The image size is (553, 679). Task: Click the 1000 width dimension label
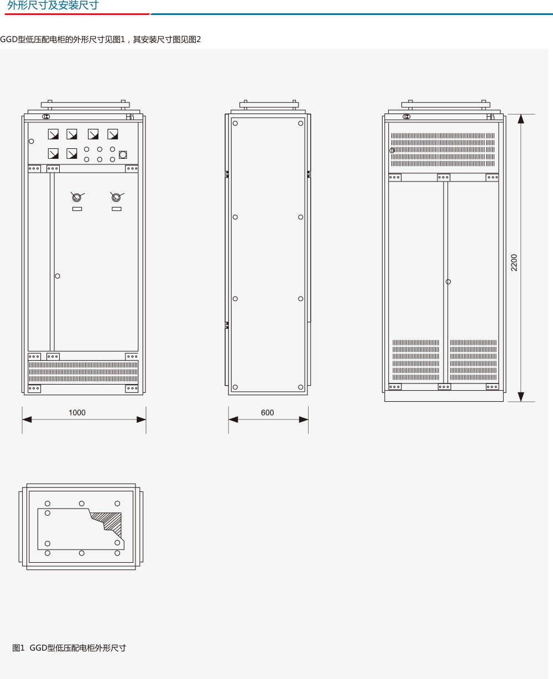[77, 412]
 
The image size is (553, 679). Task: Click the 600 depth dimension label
[267, 412]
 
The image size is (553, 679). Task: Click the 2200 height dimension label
[514, 263]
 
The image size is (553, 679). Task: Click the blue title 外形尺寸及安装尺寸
[53, 6]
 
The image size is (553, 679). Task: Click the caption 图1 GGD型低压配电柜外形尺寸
[69, 648]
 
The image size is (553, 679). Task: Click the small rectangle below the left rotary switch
[77, 209]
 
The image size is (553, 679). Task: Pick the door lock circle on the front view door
[58, 276]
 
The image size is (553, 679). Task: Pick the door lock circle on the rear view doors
[448, 282]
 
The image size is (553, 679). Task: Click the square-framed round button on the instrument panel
[123, 155]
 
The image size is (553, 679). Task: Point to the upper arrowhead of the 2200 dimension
[521, 119]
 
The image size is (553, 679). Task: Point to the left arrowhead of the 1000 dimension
[27, 419]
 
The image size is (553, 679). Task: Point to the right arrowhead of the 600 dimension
[304, 419]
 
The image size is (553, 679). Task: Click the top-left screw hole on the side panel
[235, 123]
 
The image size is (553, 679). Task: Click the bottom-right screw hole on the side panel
[300, 387]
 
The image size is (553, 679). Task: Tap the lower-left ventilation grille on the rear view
[416, 360]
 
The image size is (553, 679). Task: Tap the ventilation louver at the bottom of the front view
[83, 372]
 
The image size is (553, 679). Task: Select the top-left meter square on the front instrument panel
[53, 134]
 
